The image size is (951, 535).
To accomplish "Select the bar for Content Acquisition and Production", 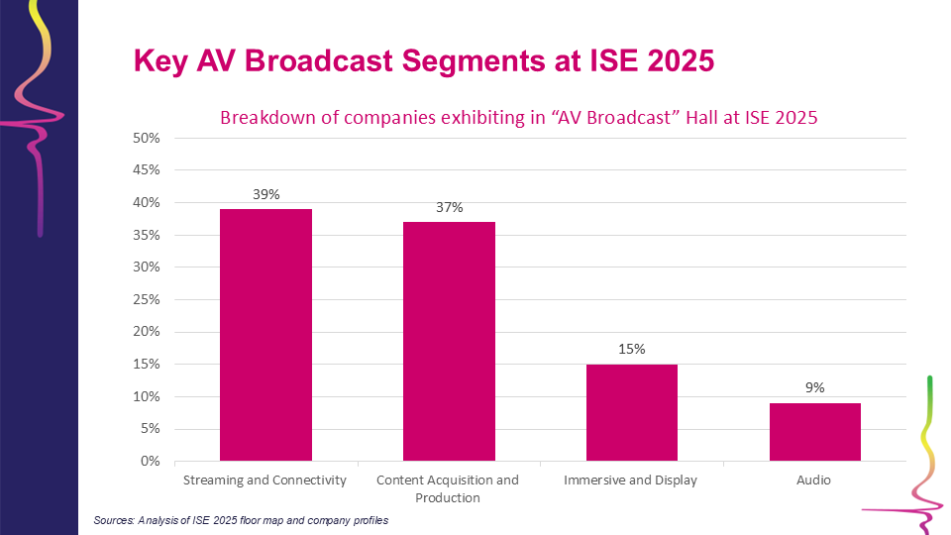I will coord(449,342).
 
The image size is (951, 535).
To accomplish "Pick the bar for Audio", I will coord(815,432).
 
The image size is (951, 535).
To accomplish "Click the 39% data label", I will coord(265,195).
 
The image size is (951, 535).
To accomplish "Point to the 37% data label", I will coord(449,208).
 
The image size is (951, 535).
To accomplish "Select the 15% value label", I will coord(632,350).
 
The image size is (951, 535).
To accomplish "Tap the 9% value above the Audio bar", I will coord(815,388).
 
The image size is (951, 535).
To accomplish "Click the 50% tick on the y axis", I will coord(146,138).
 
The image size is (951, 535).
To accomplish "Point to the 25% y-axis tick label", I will coord(146,299).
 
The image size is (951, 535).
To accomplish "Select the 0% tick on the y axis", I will coord(149,461).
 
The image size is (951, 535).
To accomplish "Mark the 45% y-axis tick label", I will coord(146,170).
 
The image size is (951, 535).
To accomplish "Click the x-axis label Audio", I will coord(815,481).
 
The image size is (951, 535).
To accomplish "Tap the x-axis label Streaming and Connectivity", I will coord(265,481).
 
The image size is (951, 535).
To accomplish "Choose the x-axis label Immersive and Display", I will coord(632,481).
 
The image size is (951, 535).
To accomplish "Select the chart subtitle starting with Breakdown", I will coord(518,118).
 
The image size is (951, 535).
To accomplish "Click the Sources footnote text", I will coord(241,520).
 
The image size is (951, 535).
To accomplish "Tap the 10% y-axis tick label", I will coord(146,396).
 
